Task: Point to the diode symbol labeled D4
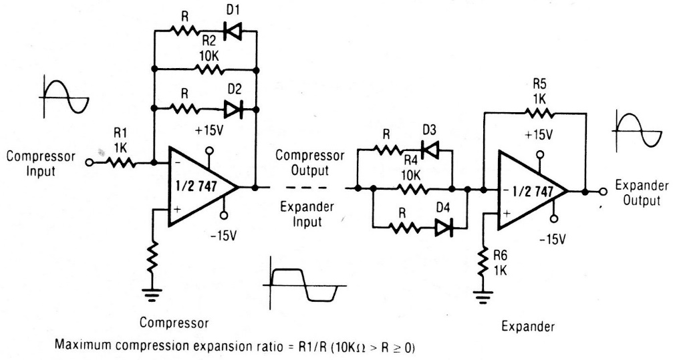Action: (444, 228)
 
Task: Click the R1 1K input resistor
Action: (122, 162)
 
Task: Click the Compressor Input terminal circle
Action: (88, 162)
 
